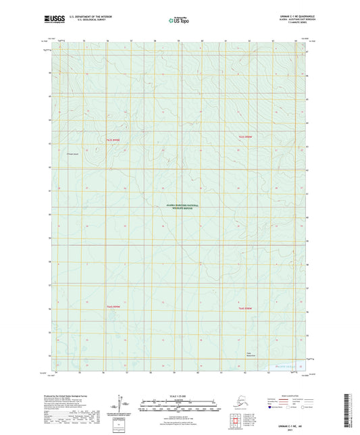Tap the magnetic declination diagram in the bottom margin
[119, 407]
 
